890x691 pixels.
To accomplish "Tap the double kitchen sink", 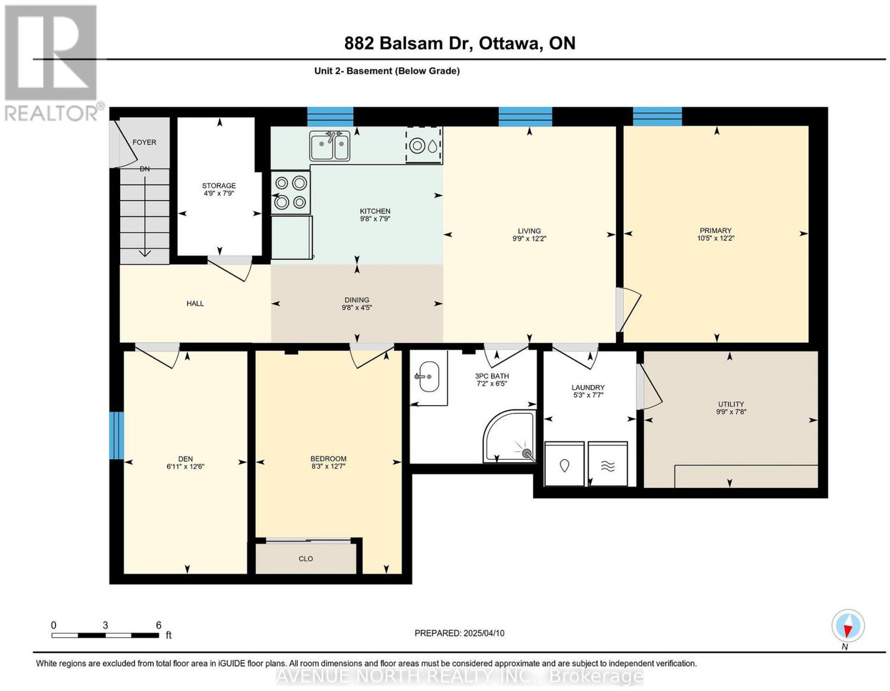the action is tap(329, 146).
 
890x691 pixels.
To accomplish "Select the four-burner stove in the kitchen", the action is tap(291, 192).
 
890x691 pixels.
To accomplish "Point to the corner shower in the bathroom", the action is tap(510, 436).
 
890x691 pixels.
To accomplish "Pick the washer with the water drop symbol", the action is tap(564, 464).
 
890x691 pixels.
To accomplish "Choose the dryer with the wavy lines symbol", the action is tap(607, 464).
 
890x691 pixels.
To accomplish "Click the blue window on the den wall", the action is tap(116, 435).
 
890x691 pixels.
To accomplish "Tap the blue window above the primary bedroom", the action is tap(657, 117).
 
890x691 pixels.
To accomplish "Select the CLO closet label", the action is tap(305, 559).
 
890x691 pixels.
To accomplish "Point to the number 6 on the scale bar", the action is tap(159, 625).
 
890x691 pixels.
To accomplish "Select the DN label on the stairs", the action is tap(145, 168).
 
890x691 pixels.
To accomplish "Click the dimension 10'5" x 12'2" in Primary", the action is tap(715, 238).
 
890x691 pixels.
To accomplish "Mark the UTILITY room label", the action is tap(731, 404).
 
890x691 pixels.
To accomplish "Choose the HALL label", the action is tap(195, 304).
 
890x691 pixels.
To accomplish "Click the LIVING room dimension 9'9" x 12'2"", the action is tap(529, 238).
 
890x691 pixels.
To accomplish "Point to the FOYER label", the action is tap(144, 142).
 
